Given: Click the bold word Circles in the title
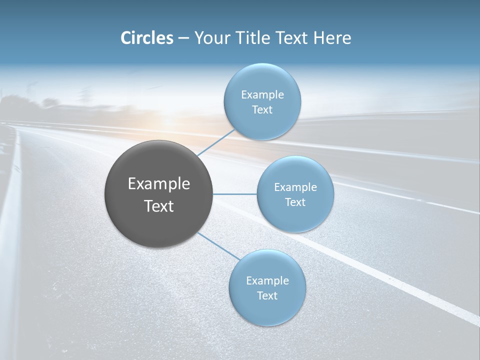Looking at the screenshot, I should point(147,38).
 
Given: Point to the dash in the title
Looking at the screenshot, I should point(183,38).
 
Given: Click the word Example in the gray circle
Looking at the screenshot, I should point(159,184).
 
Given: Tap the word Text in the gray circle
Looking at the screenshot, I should point(159,206).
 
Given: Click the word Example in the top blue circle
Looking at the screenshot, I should point(262,94).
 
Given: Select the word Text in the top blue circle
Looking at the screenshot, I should point(262,109).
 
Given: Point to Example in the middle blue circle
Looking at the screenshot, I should point(295,187).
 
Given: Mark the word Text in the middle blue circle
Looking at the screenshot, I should point(295,202).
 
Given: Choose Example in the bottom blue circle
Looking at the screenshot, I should point(267,281).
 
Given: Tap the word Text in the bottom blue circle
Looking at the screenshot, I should point(267,295).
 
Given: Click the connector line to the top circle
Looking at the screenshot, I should point(216,143).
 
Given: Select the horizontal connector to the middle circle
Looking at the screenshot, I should point(234,194).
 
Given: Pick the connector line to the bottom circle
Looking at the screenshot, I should point(218,245).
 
